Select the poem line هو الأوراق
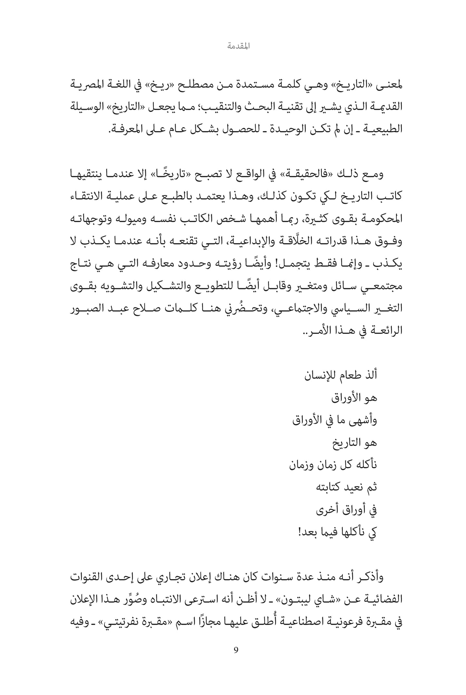click(x=354, y=398)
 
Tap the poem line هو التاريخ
click(x=354, y=443)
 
